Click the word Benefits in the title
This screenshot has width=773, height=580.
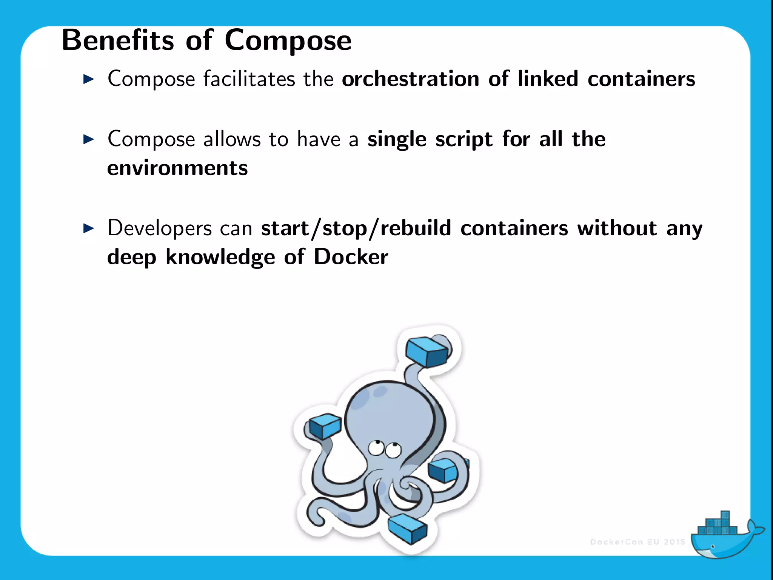pyautogui.click(x=117, y=40)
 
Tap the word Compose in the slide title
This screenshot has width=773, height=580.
pyautogui.click(x=288, y=41)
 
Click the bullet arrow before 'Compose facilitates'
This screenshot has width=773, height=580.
pyautogui.click(x=88, y=79)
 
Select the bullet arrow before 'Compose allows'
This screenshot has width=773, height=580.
pyautogui.click(x=88, y=139)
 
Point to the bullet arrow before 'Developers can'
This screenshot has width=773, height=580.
pyautogui.click(x=88, y=228)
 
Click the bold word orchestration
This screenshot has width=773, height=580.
pyautogui.click(x=410, y=79)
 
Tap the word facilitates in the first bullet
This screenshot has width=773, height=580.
pyautogui.click(x=249, y=79)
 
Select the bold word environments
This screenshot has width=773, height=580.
pyautogui.click(x=177, y=168)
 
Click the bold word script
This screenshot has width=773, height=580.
pyautogui.click(x=463, y=139)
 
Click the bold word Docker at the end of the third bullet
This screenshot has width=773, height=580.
pyautogui.click(x=351, y=257)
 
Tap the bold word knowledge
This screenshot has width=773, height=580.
pyautogui.click(x=220, y=257)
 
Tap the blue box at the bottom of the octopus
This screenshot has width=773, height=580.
pyautogui.click(x=407, y=528)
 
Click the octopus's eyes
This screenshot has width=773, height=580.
pyautogui.click(x=384, y=449)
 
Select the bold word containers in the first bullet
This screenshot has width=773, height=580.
pyautogui.click(x=641, y=79)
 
